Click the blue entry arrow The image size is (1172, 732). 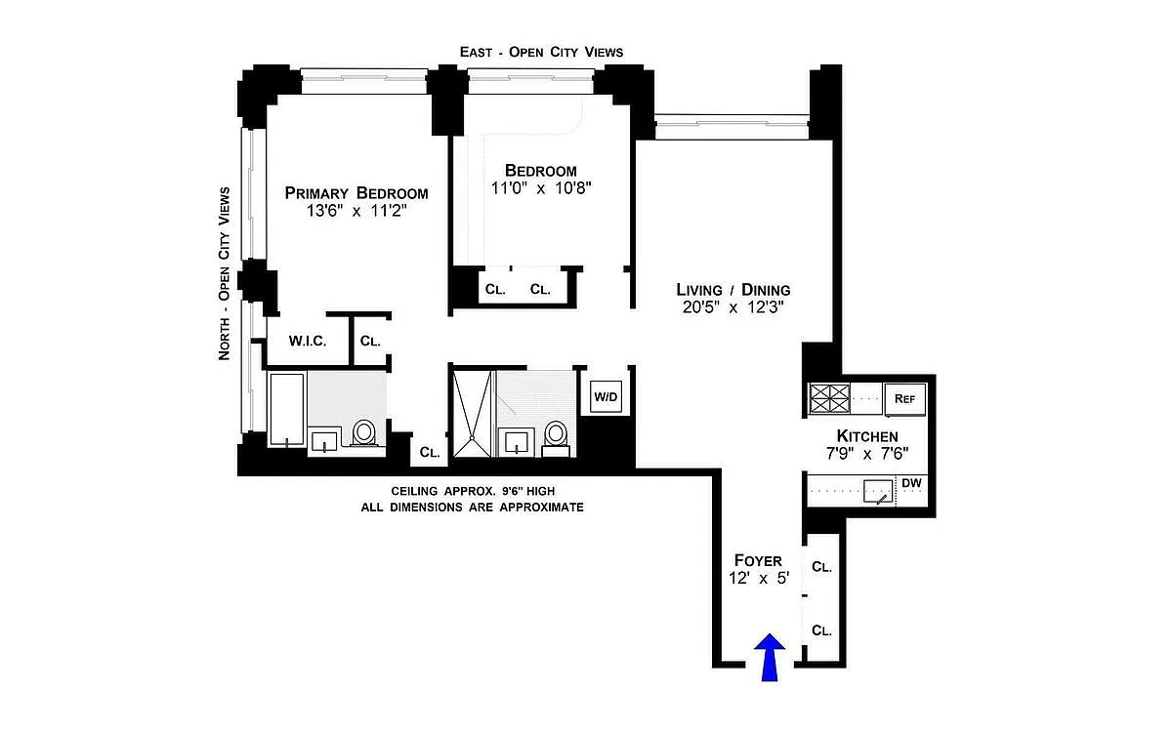coord(770,657)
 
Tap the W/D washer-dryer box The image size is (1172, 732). coord(606,397)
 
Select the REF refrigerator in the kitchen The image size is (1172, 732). coord(904,399)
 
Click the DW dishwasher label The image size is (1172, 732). coord(911,483)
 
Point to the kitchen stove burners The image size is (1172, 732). coord(830,398)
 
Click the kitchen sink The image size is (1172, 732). coord(878,492)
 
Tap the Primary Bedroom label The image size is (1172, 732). coord(356,193)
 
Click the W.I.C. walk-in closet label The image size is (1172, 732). coord(308,341)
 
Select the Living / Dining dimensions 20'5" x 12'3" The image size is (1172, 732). coord(733,306)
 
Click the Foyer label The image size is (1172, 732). coord(758,560)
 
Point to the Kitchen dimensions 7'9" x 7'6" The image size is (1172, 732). coord(867,453)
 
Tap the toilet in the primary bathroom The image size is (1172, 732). coord(363,433)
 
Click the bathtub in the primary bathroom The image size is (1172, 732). coord(286,409)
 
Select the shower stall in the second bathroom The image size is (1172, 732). coord(472,413)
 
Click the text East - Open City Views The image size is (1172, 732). coord(541,52)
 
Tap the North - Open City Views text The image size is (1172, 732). coord(224,273)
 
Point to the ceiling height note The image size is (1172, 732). coord(473,491)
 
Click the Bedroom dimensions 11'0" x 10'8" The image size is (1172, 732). coord(541,187)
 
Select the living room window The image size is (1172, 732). coord(732,127)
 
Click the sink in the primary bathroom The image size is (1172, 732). coord(324,441)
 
